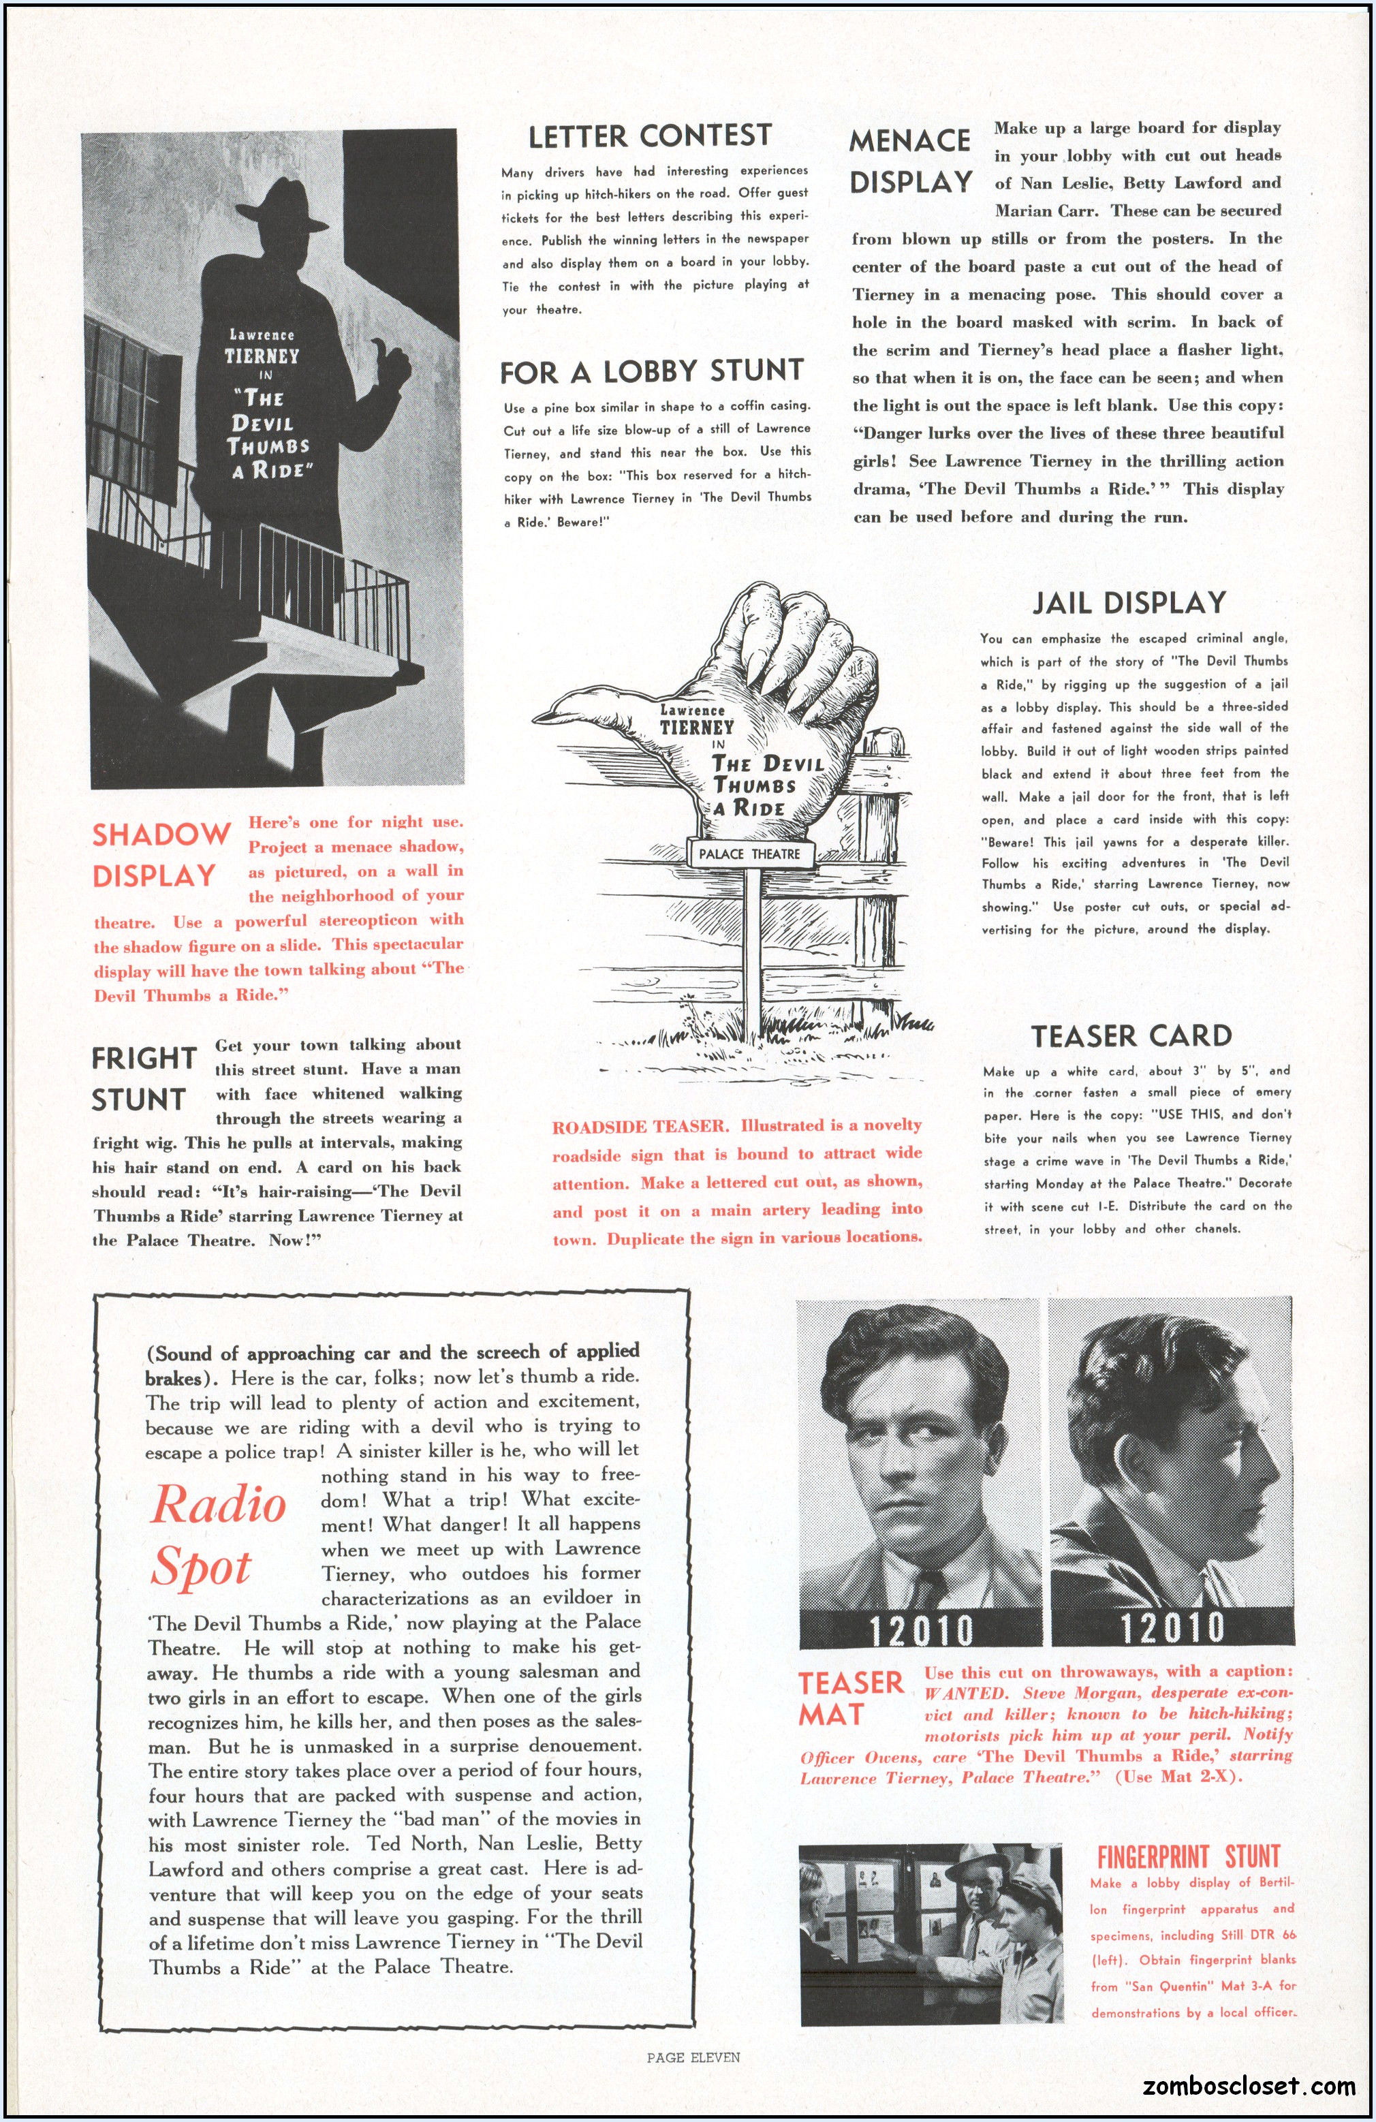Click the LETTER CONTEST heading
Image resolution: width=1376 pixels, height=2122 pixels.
click(x=649, y=136)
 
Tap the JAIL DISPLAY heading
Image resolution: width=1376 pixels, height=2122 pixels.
click(x=1129, y=603)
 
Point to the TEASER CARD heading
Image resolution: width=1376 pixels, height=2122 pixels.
click(x=1131, y=1035)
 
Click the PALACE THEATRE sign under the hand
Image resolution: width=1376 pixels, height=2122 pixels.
click(x=749, y=854)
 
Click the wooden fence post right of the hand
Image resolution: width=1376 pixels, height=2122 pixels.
click(x=869, y=892)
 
